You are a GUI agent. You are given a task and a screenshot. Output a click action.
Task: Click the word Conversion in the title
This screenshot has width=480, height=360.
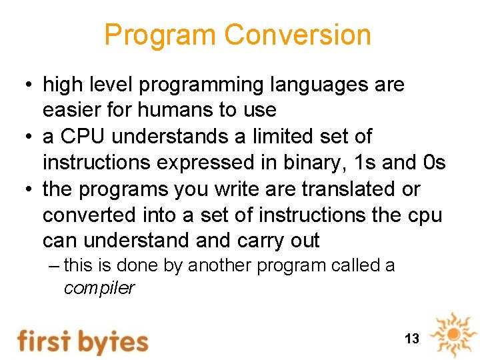point(297,35)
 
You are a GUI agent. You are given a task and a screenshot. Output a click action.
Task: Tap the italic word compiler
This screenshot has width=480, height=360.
point(99,289)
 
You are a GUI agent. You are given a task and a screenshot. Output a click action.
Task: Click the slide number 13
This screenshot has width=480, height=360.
point(412,339)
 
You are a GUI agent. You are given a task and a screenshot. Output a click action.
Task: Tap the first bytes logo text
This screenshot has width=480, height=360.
point(83,340)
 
